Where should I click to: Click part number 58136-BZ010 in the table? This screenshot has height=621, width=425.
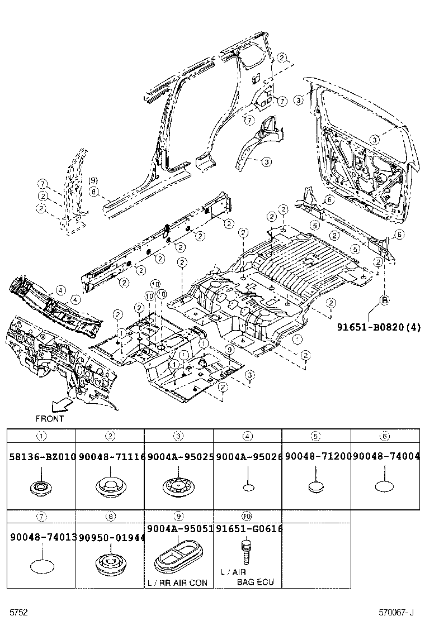point(42,457)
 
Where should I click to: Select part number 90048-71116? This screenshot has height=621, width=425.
point(111,457)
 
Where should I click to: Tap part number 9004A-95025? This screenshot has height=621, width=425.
point(180,457)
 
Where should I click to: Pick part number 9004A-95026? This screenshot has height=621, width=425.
point(248,457)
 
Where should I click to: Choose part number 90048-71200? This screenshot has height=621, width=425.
point(317,457)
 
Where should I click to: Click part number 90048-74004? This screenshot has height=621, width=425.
point(386,457)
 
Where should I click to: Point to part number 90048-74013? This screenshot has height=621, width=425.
point(42,537)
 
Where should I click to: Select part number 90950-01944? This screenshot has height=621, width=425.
point(111,537)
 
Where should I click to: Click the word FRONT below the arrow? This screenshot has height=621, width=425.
point(50,418)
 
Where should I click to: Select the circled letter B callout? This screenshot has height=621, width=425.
point(385,300)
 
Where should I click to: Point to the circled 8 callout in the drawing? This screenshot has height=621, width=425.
point(93,191)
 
